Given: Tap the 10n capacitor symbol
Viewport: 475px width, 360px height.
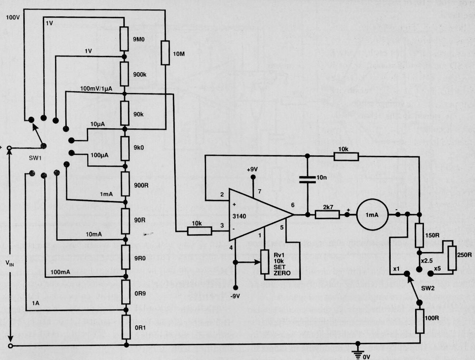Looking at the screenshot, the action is point(307,179).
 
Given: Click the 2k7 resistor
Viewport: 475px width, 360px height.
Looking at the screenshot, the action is point(327,215).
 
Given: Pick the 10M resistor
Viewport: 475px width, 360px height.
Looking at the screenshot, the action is point(165,53).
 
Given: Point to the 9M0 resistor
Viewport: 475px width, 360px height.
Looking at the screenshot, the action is point(124,39).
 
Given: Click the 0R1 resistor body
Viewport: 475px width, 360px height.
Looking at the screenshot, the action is point(126,327).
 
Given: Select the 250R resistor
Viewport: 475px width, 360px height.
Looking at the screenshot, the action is point(452,258).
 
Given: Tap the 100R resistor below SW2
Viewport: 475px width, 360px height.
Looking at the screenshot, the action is point(420,321).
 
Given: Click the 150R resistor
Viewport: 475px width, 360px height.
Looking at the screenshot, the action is point(420,236).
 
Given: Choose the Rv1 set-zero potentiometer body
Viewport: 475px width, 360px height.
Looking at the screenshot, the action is point(265,262).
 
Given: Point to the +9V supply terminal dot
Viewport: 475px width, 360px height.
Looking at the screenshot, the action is point(253,177).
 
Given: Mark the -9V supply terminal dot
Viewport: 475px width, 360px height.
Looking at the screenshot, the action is point(235,287).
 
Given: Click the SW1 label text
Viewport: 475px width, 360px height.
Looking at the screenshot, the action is point(35,158).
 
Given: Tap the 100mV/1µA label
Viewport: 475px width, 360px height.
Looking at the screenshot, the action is point(96,89).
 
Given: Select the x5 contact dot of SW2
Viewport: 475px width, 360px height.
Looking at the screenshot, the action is point(430,274).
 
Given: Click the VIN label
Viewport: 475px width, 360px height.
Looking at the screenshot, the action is point(10,263).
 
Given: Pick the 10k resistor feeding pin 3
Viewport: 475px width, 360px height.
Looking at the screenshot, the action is point(199,231).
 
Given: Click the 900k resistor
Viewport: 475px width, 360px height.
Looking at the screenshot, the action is point(125,74).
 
